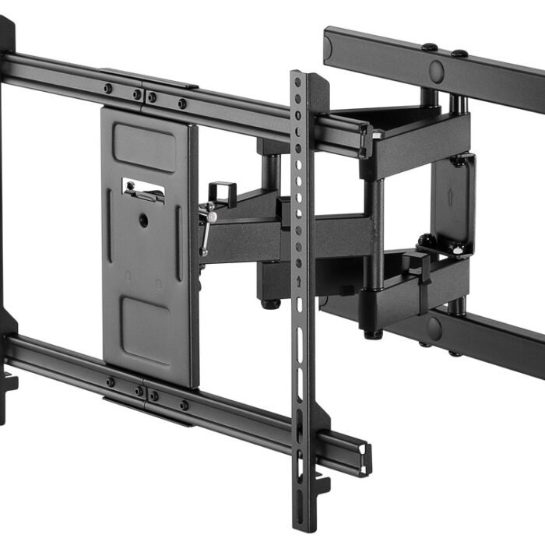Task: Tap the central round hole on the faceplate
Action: click(x=143, y=221)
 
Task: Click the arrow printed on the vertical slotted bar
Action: click(x=299, y=280)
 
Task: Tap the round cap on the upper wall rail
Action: click(x=437, y=72)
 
